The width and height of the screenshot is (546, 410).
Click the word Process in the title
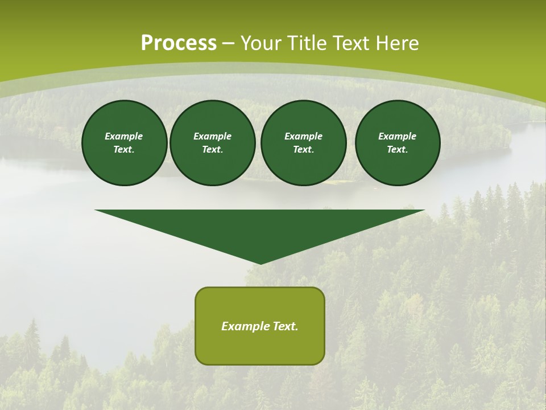[x=179, y=43]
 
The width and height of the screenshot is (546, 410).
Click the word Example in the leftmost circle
[x=124, y=136]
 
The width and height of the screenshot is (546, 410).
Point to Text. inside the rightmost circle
[x=398, y=150]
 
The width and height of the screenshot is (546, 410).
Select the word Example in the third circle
[x=303, y=136]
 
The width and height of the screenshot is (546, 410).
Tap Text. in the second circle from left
[x=212, y=150]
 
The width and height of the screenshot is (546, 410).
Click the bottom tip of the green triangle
[x=260, y=263]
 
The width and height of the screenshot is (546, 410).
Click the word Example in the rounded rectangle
[x=245, y=326]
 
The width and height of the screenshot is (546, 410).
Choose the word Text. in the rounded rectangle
[x=286, y=326]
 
